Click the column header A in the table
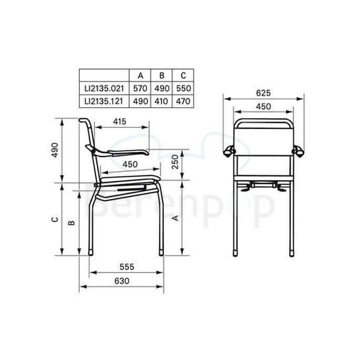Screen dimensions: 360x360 (140, 75)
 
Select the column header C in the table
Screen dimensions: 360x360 (182, 75)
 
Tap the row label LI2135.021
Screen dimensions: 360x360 (104, 87)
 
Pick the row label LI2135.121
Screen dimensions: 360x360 (104, 100)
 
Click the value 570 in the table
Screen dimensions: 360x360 (140, 87)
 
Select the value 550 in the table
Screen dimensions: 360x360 (182, 87)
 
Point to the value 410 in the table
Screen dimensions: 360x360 (161, 100)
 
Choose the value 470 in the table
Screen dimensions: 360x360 (182, 100)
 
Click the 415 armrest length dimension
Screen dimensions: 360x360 (120, 122)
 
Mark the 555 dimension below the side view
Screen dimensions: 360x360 (126, 267)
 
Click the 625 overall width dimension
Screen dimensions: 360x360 (263, 93)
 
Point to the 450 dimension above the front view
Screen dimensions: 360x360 (263, 107)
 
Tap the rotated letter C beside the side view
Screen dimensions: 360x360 (55, 220)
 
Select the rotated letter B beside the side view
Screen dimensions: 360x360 (72, 222)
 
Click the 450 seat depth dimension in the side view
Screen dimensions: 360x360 (130, 164)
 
